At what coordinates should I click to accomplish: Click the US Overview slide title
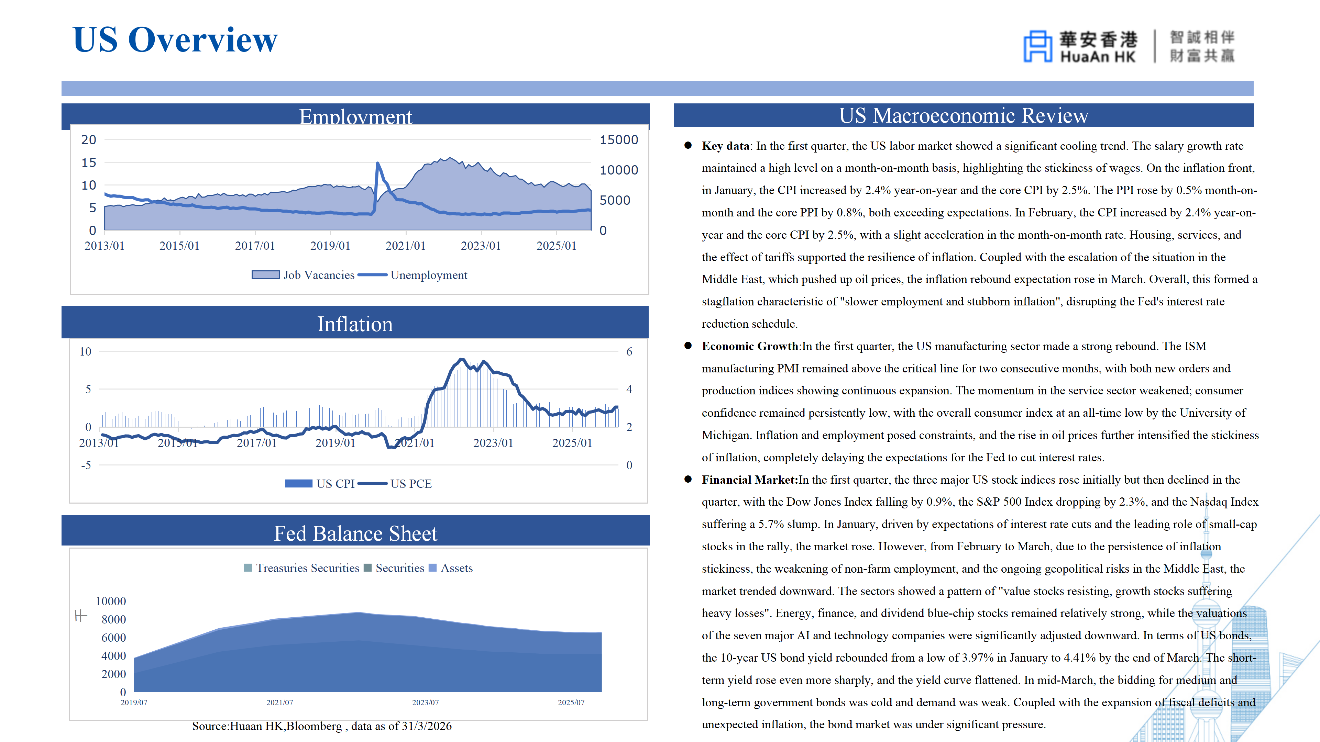click(x=175, y=40)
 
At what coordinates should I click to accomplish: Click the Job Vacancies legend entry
click(x=303, y=275)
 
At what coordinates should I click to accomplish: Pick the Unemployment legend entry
click(x=412, y=275)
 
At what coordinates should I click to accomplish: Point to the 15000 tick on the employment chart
click(x=618, y=140)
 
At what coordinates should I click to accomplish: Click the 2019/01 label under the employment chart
click(x=330, y=246)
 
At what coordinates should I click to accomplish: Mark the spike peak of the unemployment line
click(x=378, y=163)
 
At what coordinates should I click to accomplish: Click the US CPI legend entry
click(x=320, y=483)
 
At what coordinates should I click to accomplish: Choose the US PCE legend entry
click(x=395, y=483)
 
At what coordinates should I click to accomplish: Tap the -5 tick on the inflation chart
click(x=86, y=465)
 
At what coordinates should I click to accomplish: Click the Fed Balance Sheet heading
click(x=356, y=533)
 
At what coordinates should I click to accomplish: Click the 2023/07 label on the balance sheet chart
click(x=425, y=702)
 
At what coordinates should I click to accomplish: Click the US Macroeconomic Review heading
click(x=963, y=116)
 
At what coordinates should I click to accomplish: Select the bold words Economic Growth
click(x=750, y=346)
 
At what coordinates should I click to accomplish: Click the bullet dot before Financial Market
click(x=688, y=479)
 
